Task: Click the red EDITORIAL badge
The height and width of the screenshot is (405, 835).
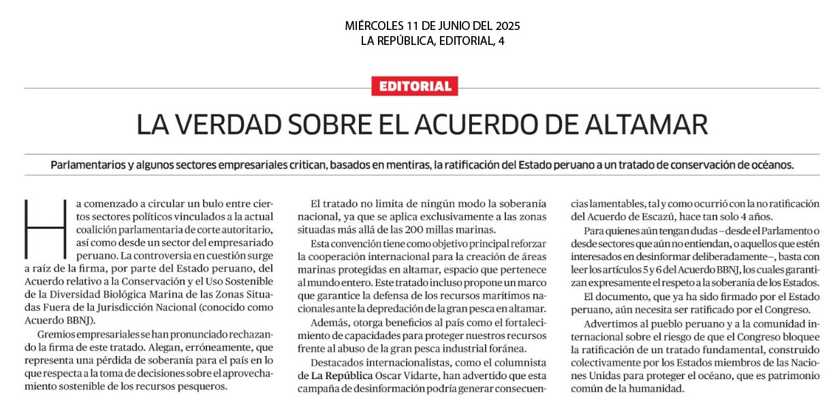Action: [415, 86]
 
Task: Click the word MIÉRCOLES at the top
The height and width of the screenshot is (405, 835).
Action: [377, 26]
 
